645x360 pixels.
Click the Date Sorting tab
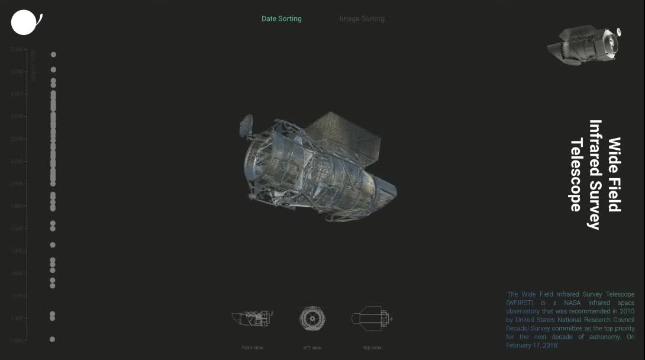pos(281,19)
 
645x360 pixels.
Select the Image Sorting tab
pos(362,19)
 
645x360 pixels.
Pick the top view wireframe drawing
pos(372,319)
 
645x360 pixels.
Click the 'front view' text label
pos(253,348)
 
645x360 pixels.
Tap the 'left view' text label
pos(312,348)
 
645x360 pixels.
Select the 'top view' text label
pos(372,348)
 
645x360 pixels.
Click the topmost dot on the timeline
pos(53,54)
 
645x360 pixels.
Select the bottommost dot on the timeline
pos(52,339)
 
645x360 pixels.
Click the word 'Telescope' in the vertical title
pos(576,175)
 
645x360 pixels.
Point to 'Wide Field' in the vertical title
pos(614,174)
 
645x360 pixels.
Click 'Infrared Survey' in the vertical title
pos(595,175)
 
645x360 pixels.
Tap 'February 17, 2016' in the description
pos(532,345)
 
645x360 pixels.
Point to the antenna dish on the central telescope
pos(246,126)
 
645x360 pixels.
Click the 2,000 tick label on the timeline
pos(18,161)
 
